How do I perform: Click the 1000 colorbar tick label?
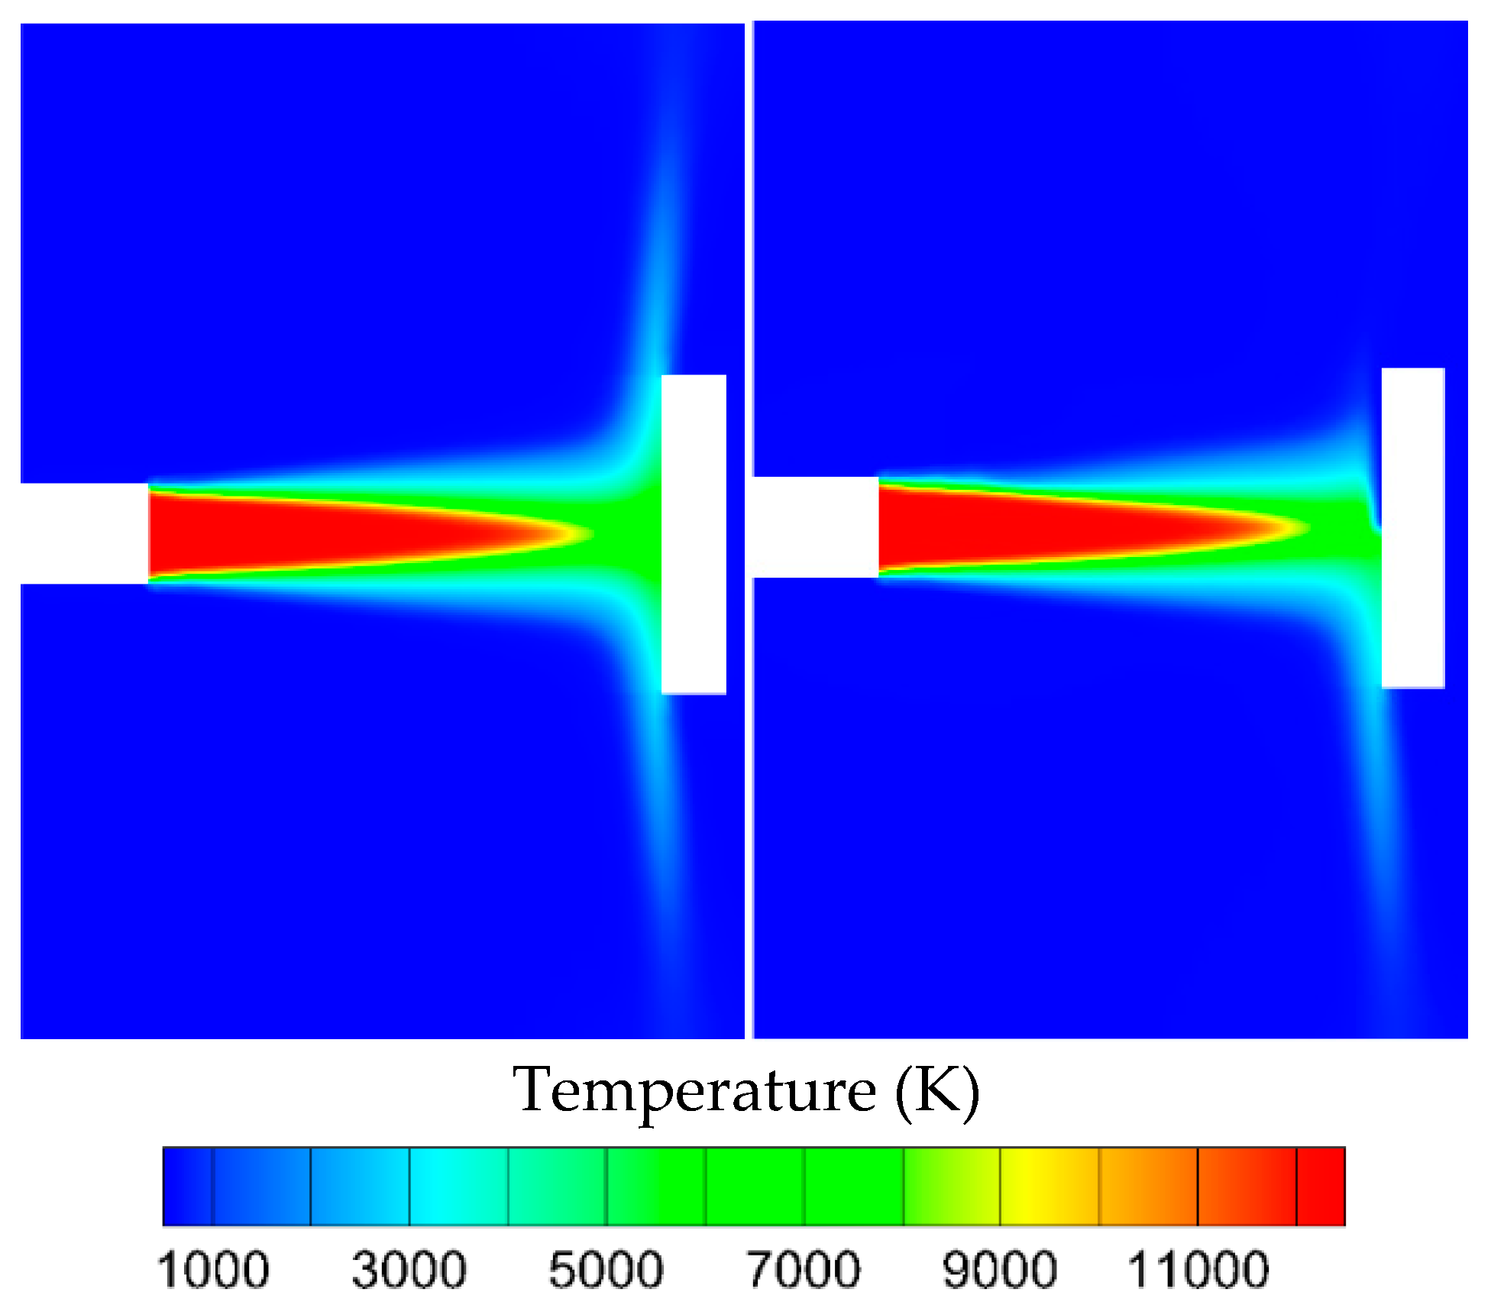click(x=213, y=1270)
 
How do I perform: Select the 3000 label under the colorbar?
click(x=409, y=1270)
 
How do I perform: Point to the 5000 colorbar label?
click(x=606, y=1270)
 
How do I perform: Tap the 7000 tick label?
click(x=804, y=1270)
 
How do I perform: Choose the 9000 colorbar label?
click(x=1001, y=1270)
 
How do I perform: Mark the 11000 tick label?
click(x=1198, y=1270)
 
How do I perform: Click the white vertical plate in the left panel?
click(x=694, y=534)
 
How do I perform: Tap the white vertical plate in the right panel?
click(x=1413, y=528)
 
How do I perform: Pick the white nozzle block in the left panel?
click(x=84, y=533)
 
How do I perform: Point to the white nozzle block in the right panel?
click(x=816, y=527)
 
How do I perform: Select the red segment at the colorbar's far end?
click(x=1321, y=1187)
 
